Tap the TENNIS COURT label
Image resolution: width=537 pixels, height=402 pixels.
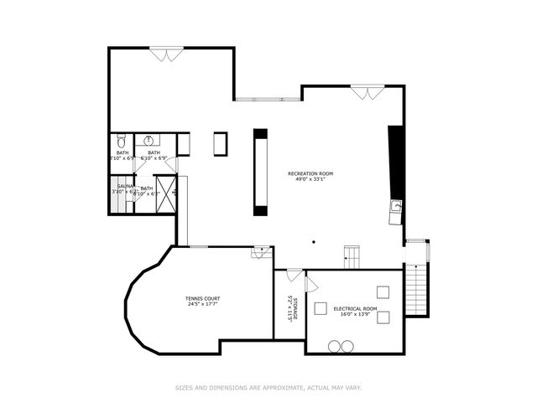click(x=203, y=298)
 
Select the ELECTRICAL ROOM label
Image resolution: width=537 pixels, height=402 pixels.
click(x=355, y=309)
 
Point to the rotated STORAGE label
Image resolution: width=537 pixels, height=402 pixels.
click(x=294, y=303)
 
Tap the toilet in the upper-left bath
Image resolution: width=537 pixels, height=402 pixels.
click(x=122, y=142)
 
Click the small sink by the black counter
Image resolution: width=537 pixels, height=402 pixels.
click(x=395, y=205)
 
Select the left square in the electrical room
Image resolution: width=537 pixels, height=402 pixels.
click(x=321, y=307)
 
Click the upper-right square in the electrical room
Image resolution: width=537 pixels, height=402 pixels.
click(x=383, y=292)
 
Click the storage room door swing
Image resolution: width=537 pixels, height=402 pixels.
click(x=295, y=275)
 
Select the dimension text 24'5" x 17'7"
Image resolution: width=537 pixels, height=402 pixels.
click(x=203, y=304)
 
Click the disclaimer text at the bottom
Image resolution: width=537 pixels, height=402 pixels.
click(x=268, y=388)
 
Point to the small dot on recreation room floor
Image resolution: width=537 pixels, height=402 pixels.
click(x=312, y=242)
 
